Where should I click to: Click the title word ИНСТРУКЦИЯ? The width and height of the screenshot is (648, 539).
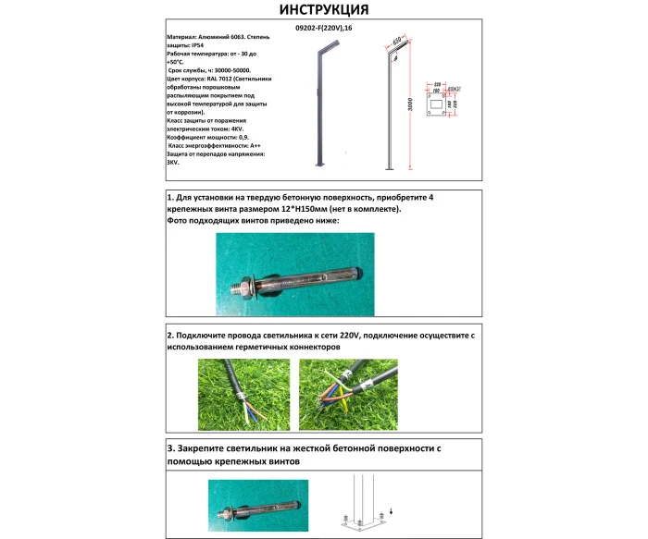pyautogui.click(x=323, y=10)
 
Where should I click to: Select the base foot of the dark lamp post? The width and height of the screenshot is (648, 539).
pyautogui.click(x=320, y=167)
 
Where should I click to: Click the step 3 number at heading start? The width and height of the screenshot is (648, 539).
pyautogui.click(x=171, y=448)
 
